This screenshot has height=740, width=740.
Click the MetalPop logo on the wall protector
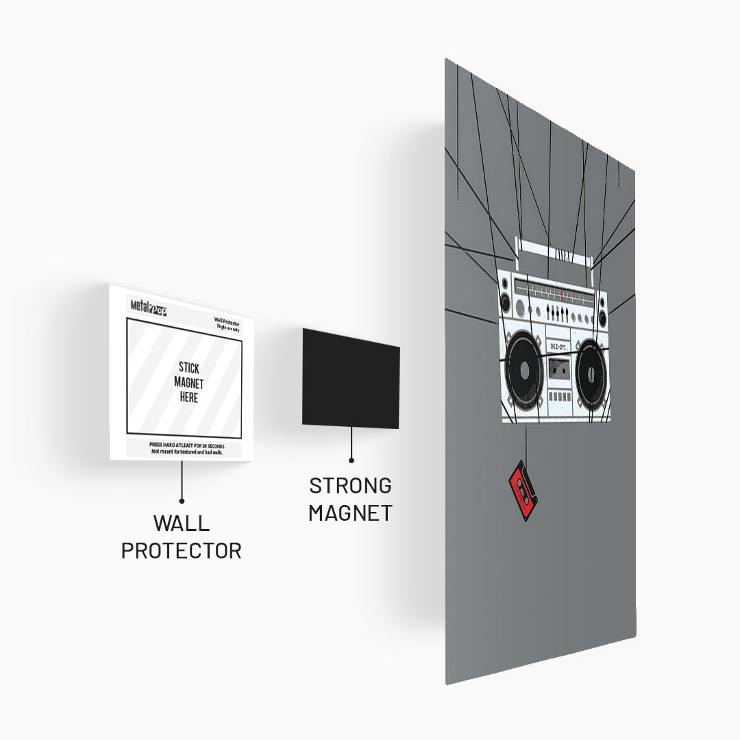click(x=149, y=307)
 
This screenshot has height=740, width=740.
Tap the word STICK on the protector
click(x=189, y=368)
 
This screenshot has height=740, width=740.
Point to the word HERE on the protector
click(x=188, y=397)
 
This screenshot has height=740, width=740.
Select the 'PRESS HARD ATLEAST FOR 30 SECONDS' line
click(x=186, y=445)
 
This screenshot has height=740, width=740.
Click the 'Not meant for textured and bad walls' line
click(x=186, y=452)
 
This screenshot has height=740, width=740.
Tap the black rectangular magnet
click(x=350, y=378)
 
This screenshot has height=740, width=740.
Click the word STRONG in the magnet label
click(x=350, y=485)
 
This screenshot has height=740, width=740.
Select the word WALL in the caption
click(x=181, y=523)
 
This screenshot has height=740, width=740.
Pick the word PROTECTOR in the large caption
click(x=181, y=550)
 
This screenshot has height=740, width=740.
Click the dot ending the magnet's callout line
click(x=351, y=461)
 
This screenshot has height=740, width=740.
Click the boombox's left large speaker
click(x=525, y=371)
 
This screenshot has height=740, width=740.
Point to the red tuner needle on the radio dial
click(x=562, y=295)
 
